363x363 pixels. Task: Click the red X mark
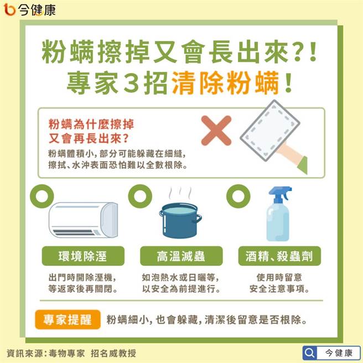click(216, 131)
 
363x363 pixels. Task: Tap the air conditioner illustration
click(84, 220)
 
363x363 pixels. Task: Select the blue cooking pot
click(180, 221)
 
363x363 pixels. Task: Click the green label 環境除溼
click(83, 256)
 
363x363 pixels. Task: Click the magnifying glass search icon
click(310, 352)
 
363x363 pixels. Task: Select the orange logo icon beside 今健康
click(9, 9)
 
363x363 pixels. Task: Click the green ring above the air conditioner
click(39, 196)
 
